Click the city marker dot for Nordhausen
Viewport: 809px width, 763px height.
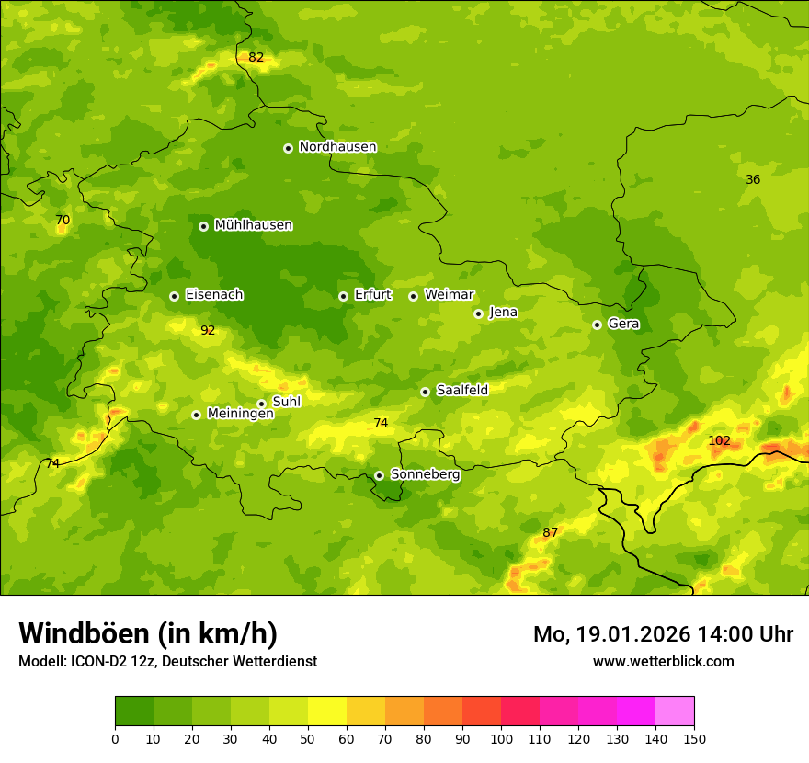288,148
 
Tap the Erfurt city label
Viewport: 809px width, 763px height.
372,295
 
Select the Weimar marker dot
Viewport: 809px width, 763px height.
413,296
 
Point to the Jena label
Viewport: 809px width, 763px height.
503,313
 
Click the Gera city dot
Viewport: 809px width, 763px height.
597,325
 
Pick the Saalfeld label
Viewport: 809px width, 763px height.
461,391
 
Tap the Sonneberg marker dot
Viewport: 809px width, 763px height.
379,475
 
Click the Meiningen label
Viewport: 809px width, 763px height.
240,414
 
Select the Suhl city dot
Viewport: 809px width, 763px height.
261,404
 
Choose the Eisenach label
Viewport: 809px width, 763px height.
214,295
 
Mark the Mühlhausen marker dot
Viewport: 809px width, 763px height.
203,226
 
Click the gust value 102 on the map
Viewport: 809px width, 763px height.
719,441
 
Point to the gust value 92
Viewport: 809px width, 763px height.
208,331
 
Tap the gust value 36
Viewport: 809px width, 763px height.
753,180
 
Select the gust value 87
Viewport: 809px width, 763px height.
550,533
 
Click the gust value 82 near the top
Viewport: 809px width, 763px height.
256,58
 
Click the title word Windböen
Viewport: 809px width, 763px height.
84,634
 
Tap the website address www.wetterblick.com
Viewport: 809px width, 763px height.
663,661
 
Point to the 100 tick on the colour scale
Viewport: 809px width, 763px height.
501,738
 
